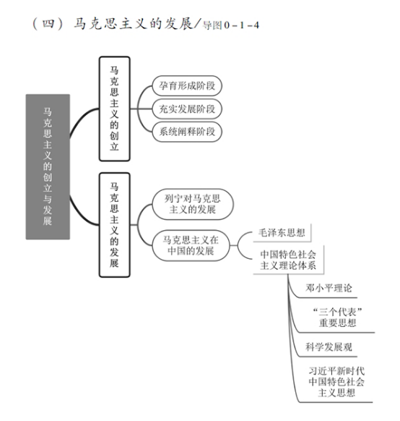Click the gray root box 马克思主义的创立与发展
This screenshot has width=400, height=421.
point(48,166)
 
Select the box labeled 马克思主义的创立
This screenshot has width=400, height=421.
point(114,109)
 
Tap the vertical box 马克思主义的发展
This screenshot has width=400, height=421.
point(114,225)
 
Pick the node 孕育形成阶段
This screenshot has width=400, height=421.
point(187,86)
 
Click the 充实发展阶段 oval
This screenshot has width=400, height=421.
point(187,109)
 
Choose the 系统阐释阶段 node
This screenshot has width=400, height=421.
point(187,132)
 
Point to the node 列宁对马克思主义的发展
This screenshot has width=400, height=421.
point(193,204)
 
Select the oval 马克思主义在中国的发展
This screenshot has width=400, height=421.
point(191,245)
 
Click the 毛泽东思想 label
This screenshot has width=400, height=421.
point(282,232)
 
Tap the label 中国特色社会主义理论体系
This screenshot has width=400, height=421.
point(288,260)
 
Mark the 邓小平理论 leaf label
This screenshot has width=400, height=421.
point(329,288)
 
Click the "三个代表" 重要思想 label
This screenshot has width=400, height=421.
point(338,317)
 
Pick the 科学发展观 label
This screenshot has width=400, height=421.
point(329,347)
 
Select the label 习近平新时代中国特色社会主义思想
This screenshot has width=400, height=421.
point(336,381)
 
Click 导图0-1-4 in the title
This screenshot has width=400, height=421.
point(231,25)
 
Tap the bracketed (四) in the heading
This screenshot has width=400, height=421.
point(48,24)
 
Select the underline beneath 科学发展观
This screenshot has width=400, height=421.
point(328,357)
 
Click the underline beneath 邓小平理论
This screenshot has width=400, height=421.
point(328,297)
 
